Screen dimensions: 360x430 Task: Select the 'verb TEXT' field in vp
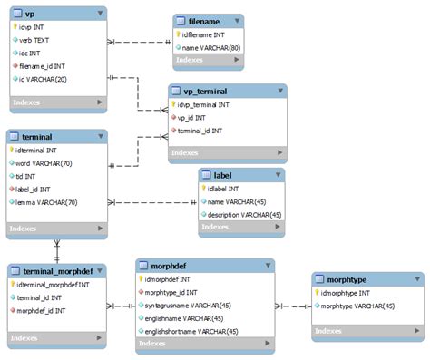[36, 40]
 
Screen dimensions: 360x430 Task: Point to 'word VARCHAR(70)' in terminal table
[44, 163]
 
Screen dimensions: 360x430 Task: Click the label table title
[223, 175]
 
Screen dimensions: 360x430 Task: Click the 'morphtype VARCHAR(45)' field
[358, 306]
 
